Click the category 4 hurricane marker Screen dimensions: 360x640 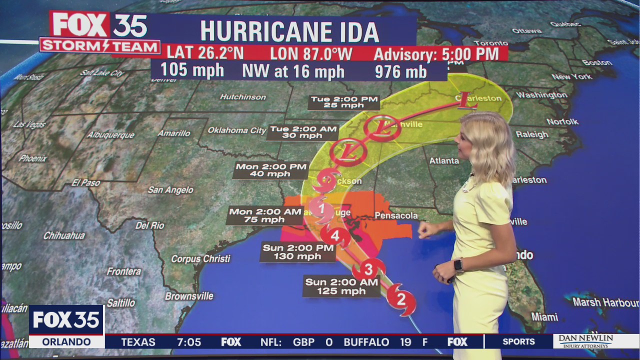click(335, 235)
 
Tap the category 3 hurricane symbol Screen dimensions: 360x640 click(368, 269)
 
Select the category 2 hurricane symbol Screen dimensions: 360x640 click(401, 299)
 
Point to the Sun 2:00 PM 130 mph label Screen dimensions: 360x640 click(298, 252)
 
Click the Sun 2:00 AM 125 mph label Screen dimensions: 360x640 click(341, 286)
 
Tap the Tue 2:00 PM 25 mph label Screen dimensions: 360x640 click(344, 102)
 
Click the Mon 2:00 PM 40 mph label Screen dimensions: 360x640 click(271, 170)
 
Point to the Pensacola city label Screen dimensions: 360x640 click(396, 215)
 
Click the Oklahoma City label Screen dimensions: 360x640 click(237, 130)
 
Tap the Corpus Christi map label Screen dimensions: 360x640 click(200, 259)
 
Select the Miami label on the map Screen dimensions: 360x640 click(544, 317)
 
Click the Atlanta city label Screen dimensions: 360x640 click(444, 160)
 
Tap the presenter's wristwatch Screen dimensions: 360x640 click(458, 265)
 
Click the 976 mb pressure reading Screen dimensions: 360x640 click(400, 71)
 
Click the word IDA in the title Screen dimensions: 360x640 click(356, 32)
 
